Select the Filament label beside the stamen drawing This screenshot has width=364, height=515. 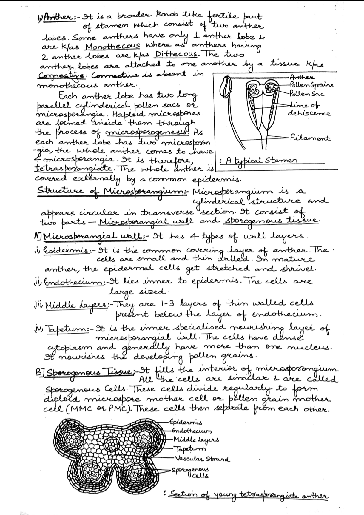(309, 138)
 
